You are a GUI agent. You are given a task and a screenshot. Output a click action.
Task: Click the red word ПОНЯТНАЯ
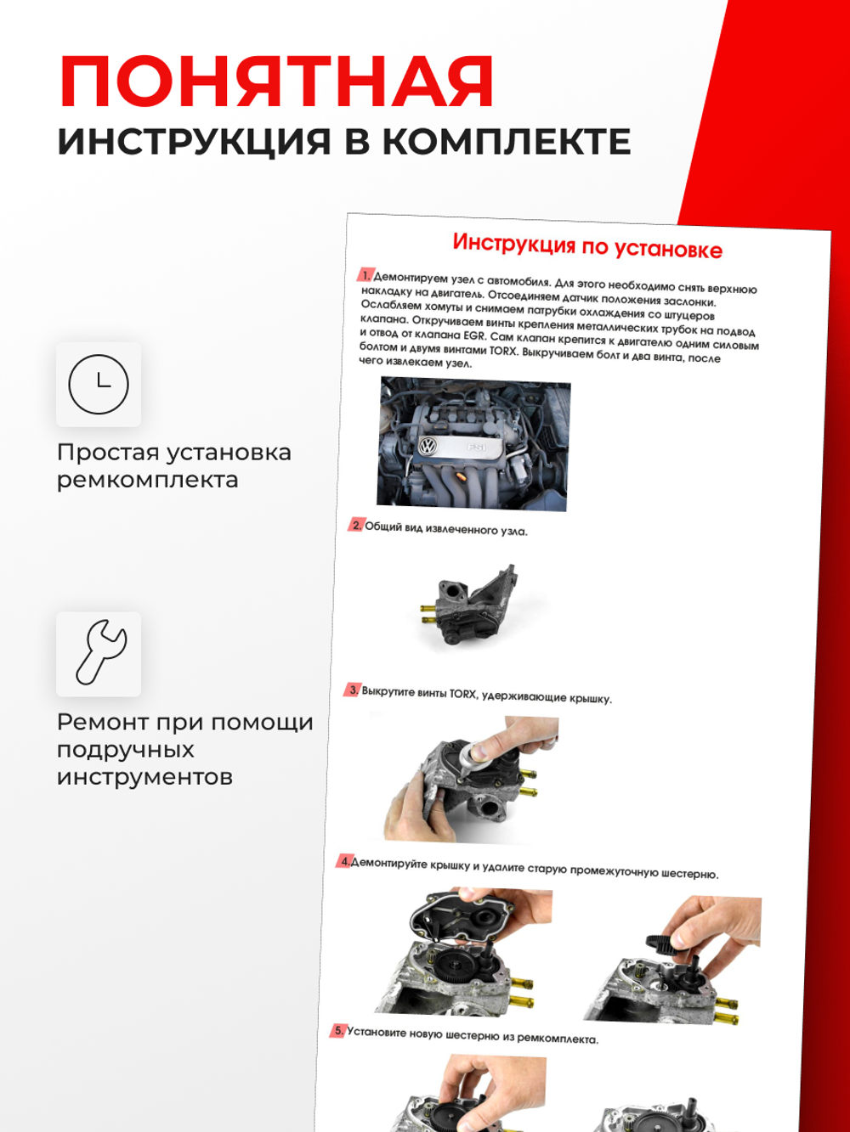(x=276, y=82)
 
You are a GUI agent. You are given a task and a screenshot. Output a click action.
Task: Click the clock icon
(x=99, y=384)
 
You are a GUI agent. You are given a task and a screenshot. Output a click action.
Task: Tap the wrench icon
(x=99, y=653)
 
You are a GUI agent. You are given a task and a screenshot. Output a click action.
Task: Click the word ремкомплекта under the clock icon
(x=147, y=480)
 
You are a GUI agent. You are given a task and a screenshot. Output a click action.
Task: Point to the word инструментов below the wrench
(x=144, y=777)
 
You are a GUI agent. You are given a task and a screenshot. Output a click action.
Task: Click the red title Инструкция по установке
(x=586, y=246)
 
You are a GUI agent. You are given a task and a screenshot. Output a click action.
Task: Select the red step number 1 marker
(x=365, y=275)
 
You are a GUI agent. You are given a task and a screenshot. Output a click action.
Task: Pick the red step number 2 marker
(x=356, y=526)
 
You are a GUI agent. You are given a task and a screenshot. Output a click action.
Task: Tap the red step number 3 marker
(x=353, y=690)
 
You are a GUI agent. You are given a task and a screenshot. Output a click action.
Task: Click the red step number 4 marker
(x=343, y=861)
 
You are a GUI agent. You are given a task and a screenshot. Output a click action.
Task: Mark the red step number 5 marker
(x=338, y=1030)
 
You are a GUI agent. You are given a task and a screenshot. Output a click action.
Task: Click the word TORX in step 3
(x=462, y=694)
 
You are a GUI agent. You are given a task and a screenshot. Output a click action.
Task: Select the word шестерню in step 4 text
(x=686, y=873)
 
